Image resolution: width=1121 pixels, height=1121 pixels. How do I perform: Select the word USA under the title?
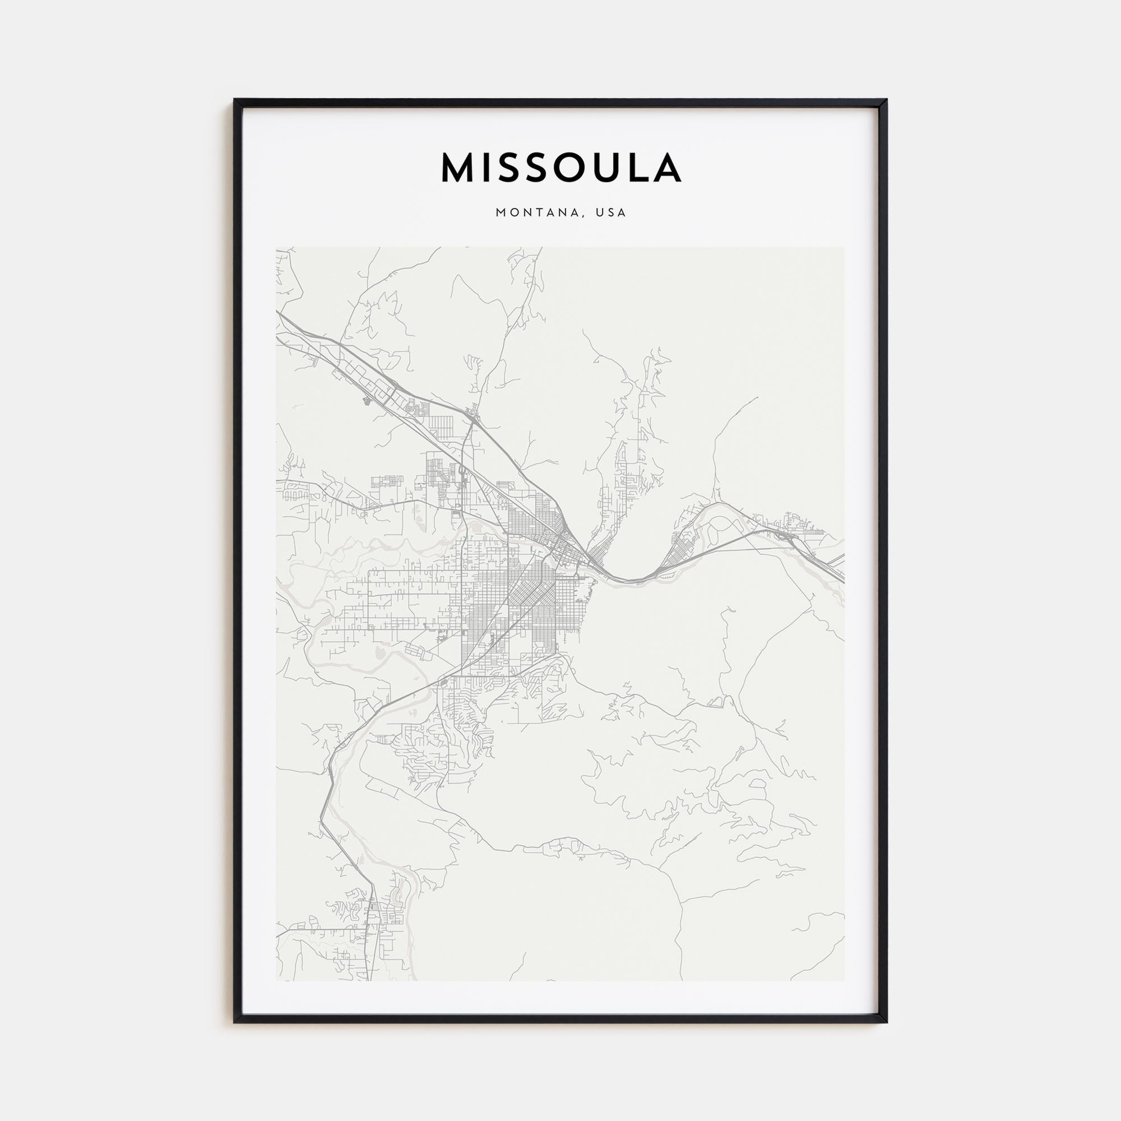click(614, 213)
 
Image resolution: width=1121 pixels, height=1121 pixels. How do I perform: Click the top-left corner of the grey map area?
click(277, 248)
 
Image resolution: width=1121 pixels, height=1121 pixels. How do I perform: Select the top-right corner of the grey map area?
click(844, 248)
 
